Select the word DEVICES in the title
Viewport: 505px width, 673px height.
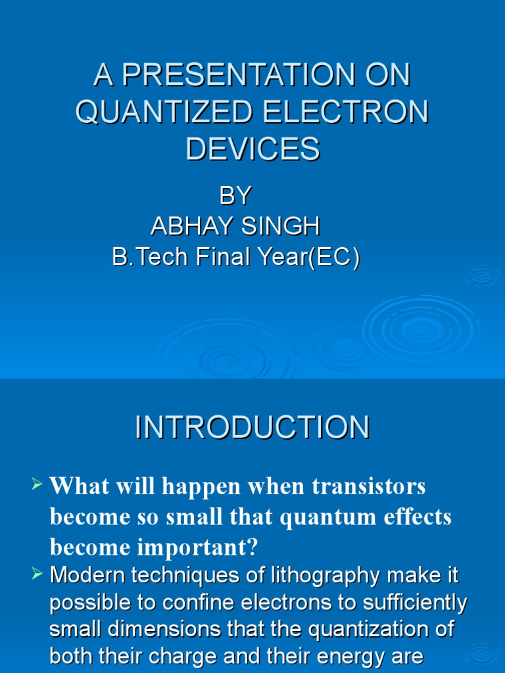(x=252, y=149)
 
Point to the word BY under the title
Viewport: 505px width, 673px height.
(x=235, y=196)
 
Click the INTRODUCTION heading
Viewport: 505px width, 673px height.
(x=252, y=428)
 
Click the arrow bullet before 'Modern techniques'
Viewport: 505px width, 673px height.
(x=37, y=575)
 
